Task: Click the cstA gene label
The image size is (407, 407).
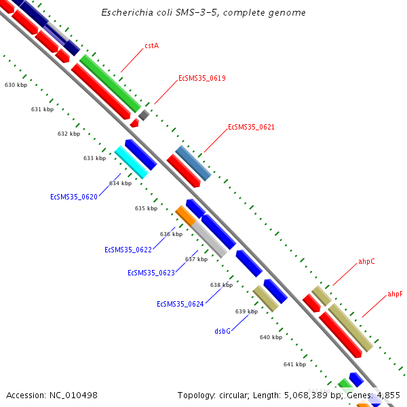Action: coord(151,46)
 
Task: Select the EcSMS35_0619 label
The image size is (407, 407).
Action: coord(201,79)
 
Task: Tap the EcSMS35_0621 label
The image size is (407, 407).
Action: coord(251,128)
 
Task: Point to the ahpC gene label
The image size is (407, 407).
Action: coord(366,261)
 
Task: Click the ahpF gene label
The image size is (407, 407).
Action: coord(395,294)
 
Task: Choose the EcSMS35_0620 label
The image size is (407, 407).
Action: coord(74,197)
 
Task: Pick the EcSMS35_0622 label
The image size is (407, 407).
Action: coord(128,250)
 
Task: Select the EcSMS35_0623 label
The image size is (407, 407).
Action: coord(151,273)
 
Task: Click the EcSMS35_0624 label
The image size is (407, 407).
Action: coord(180,304)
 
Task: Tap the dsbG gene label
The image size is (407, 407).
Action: coord(222,331)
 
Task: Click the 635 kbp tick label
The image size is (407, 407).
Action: coord(146,209)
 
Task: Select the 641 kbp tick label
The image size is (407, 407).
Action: coord(294,365)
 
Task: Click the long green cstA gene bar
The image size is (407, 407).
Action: coord(110,83)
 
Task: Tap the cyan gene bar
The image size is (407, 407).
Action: coord(131,162)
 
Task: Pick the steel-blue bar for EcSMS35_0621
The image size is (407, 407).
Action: coord(193,163)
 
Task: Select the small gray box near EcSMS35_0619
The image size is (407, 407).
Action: coord(144,115)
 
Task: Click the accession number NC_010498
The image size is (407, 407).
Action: coord(52,395)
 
